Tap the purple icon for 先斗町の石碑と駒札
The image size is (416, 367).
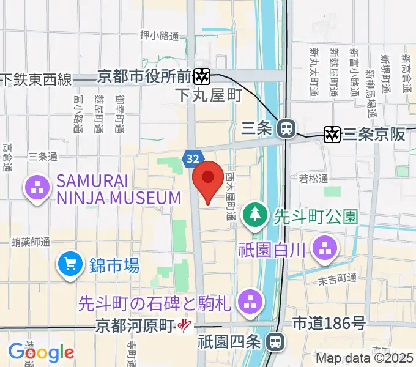[249, 300]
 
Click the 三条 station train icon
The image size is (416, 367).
[285, 128]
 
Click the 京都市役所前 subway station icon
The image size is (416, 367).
[201, 76]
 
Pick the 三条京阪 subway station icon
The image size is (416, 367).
[332, 134]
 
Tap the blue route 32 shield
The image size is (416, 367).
[192, 159]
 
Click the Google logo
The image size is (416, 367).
[41, 352]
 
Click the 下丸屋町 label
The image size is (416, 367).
[209, 95]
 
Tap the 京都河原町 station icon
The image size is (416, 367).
[183, 326]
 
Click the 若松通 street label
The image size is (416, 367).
[314, 179]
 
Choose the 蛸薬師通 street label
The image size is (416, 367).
[31, 243]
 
